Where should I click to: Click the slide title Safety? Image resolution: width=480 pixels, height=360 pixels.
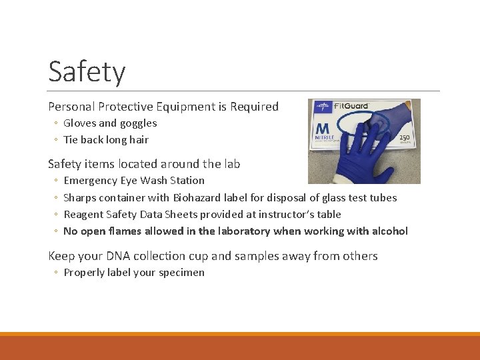point(87,72)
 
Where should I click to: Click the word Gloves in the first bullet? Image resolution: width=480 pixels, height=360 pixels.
point(79,123)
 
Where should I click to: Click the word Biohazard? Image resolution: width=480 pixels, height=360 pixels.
point(199,197)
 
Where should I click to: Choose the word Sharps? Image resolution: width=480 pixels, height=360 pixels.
point(80,197)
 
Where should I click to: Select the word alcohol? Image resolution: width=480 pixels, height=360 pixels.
point(389,231)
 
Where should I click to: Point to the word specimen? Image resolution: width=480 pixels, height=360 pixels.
point(181,273)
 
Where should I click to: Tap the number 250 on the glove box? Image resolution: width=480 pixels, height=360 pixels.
point(405,138)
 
